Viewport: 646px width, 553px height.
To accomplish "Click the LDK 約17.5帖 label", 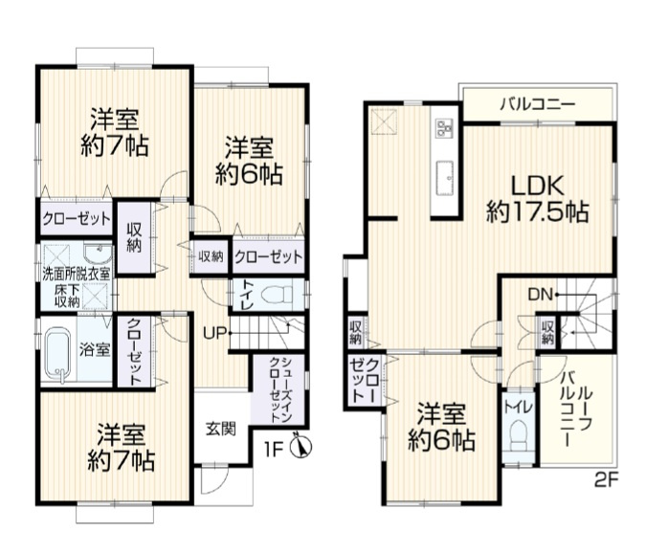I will [536, 197].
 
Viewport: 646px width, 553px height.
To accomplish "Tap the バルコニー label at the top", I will [536, 105].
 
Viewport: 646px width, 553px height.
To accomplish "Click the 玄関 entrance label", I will [220, 429].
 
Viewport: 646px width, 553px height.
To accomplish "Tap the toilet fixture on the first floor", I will [283, 295].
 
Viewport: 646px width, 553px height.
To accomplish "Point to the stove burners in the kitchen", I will [444, 128].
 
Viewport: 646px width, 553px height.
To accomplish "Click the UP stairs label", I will [214, 333].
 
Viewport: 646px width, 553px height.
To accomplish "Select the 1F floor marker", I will [275, 447].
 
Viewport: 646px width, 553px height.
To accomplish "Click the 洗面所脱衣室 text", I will [76, 274].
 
